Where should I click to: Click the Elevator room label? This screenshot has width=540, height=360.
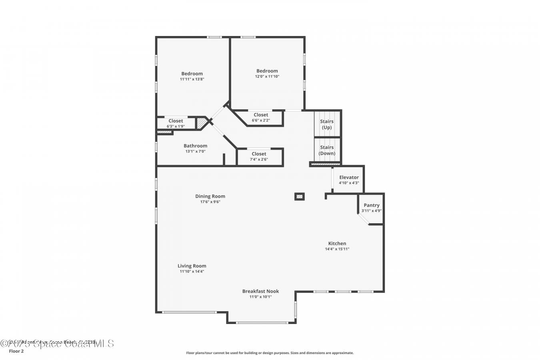349,177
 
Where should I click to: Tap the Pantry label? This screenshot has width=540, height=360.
371,205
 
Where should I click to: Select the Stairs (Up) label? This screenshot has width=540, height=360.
327,124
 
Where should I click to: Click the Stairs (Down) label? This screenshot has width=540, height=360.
327,150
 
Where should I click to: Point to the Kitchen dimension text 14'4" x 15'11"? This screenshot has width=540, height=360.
337,249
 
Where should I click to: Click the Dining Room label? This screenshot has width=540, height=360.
210,196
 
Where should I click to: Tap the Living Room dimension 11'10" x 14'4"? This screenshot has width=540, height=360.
192,272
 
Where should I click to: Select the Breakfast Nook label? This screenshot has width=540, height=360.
260,291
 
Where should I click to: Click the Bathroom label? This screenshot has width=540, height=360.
195,146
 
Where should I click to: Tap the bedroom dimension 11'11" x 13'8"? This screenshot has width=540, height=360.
192,79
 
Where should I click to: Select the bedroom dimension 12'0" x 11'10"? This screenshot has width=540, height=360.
267,76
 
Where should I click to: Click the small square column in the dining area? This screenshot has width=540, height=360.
299,196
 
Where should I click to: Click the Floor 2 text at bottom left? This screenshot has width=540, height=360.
16,351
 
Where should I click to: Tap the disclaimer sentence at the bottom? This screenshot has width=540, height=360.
270,353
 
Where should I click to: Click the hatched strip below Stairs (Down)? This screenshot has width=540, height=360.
325,164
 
